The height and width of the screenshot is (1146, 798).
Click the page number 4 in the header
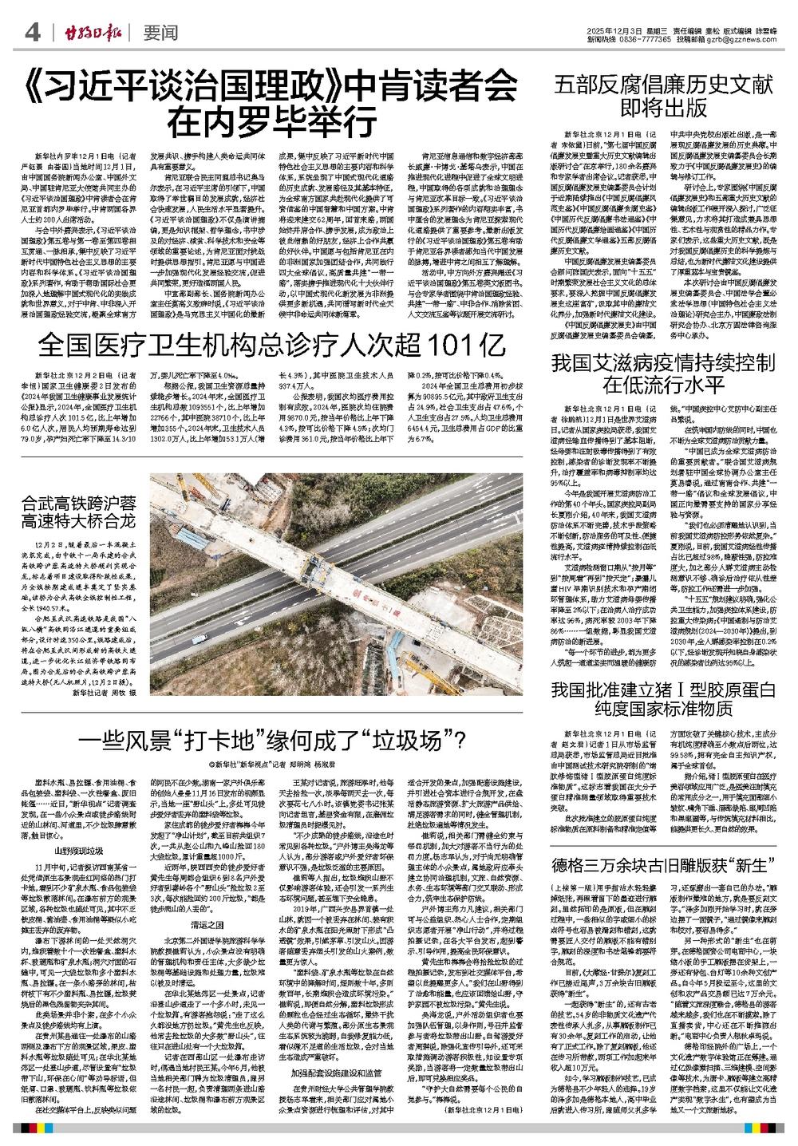pos(33,33)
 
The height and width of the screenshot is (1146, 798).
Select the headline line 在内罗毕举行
pos(272,123)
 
